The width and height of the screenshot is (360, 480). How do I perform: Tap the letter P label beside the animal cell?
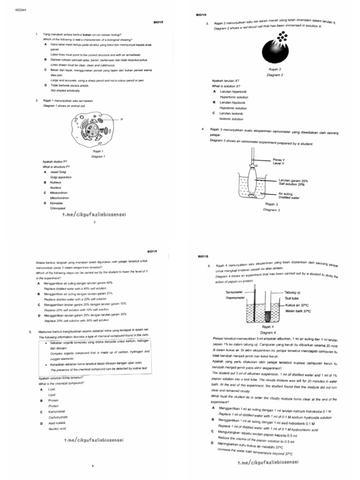point(121,119)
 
